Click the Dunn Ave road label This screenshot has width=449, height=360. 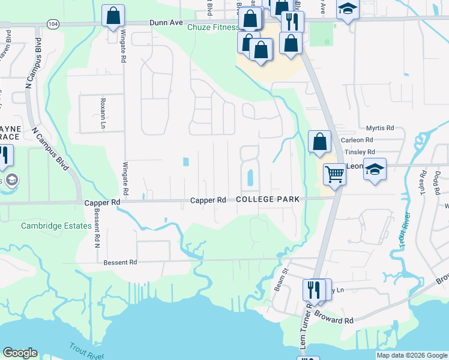click(166, 22)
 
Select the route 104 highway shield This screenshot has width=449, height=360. click(53, 23)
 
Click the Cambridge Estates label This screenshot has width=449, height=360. click(56, 226)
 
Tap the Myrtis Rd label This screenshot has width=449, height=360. click(379, 128)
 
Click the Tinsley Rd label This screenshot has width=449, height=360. click(360, 152)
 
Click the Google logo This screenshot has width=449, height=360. click(20, 353)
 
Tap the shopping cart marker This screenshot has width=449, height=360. click(334, 175)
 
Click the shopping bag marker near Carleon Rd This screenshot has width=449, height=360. click(320, 142)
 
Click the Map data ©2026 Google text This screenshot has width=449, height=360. click(412, 355)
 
